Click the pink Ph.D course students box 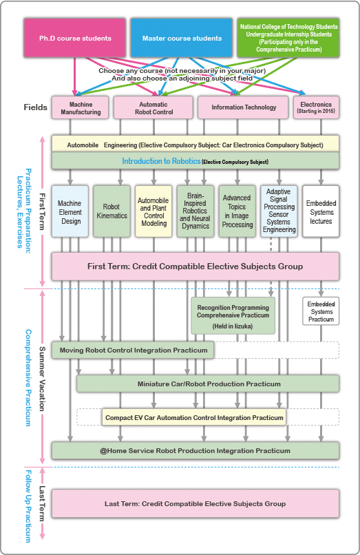(x=75, y=38)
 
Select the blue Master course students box (x=182, y=38)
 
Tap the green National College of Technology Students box (x=288, y=38)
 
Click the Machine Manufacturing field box (x=81, y=107)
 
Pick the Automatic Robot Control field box (x=153, y=107)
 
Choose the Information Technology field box (x=243, y=107)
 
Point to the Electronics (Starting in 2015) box (x=316, y=107)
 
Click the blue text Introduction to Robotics (x=161, y=161)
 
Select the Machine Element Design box (x=70, y=211)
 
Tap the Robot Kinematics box (x=112, y=211)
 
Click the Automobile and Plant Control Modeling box (x=153, y=211)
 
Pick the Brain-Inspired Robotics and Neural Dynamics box (x=195, y=211)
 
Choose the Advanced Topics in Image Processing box (x=237, y=211)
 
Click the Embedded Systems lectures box (x=321, y=211)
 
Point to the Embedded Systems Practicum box (x=321, y=311)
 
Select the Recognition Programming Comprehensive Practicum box (x=233, y=315)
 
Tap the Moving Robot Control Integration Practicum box (x=133, y=350)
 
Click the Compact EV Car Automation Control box (x=194, y=417)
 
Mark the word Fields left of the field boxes (x=35, y=107)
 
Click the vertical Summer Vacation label (x=42, y=379)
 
